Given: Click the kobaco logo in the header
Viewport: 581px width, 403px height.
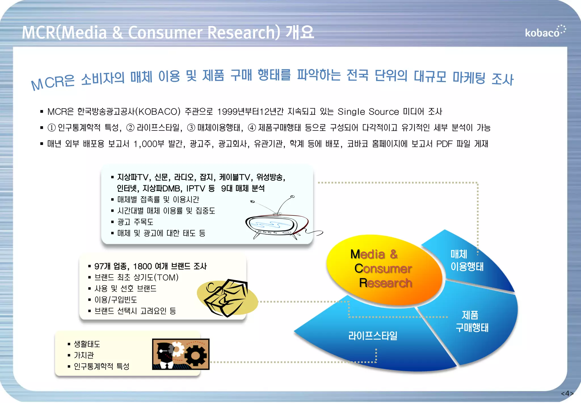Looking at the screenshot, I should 545,32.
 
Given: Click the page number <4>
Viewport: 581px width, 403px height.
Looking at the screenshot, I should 567,394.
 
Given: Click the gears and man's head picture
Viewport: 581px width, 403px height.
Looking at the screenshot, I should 181,354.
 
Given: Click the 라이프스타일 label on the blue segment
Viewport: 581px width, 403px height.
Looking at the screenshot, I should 373,336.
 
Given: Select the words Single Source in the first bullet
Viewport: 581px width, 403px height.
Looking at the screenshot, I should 368,112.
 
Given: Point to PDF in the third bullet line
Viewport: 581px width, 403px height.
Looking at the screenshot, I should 444,144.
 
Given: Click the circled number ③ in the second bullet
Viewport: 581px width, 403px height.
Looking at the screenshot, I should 191,128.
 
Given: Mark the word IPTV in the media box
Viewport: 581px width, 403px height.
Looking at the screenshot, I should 195,188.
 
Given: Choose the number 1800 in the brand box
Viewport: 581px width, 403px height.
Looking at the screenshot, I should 142,266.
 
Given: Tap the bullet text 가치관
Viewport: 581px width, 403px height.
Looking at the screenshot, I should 84,355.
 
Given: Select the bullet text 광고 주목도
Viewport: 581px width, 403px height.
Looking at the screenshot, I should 135,222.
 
